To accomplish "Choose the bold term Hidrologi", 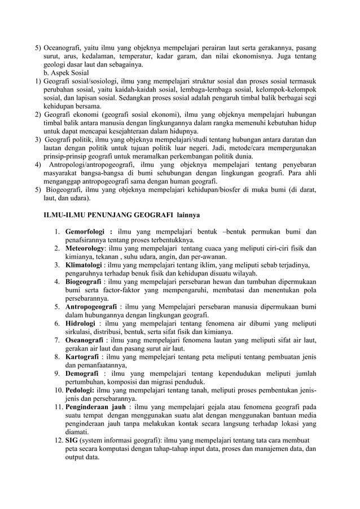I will [x=82, y=323].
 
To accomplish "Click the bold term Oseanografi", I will [x=87, y=340].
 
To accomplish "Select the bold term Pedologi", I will [x=81, y=390].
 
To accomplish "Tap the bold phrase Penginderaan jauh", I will [x=95, y=407].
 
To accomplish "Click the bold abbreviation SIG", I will [x=71, y=440].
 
